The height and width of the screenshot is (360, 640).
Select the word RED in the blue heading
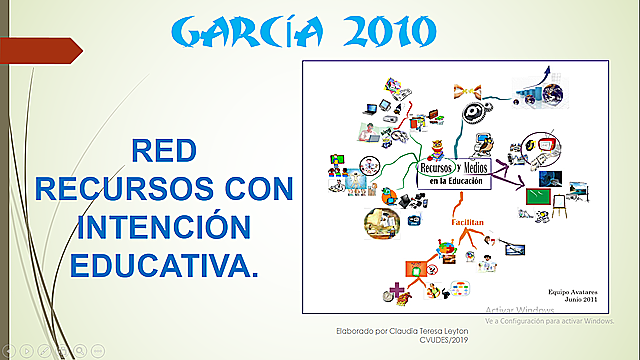[164, 151]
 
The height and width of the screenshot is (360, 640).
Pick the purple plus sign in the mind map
[396, 290]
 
